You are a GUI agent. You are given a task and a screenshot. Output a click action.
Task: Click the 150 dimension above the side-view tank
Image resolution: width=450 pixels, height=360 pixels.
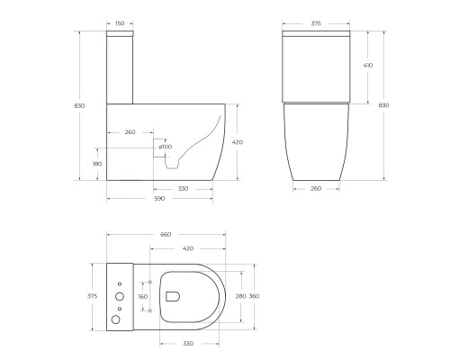(120, 24)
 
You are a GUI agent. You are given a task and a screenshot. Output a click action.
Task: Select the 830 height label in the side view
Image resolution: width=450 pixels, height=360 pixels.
(80, 106)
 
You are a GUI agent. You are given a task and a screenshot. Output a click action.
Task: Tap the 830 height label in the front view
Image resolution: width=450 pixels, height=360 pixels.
(384, 106)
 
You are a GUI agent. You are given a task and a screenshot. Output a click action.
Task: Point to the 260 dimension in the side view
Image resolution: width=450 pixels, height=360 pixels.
(130, 132)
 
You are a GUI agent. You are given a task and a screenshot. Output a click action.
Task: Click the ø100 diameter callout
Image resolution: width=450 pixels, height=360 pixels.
(166, 146)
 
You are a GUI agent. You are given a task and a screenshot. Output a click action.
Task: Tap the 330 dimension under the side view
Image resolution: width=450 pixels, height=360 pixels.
(183, 189)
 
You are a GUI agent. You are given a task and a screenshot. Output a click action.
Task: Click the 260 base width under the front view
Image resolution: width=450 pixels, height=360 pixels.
(315, 189)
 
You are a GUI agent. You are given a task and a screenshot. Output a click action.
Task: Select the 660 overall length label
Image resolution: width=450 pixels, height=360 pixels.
(166, 235)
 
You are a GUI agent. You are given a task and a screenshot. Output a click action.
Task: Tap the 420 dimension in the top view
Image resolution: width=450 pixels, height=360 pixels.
(187, 247)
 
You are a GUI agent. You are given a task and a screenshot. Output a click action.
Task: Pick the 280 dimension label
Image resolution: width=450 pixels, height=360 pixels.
(239, 295)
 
